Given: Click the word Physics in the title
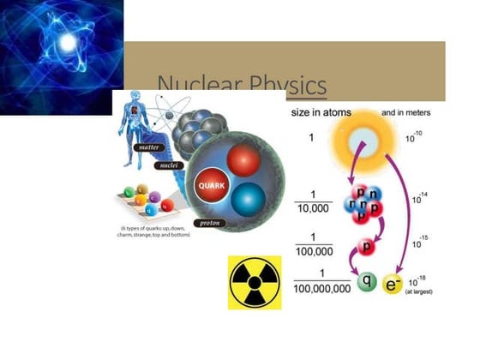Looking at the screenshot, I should [x=288, y=86].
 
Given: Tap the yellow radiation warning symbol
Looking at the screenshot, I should [x=255, y=282].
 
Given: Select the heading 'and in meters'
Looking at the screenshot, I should [x=405, y=113].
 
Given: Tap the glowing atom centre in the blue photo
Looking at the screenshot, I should [x=66, y=42].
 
